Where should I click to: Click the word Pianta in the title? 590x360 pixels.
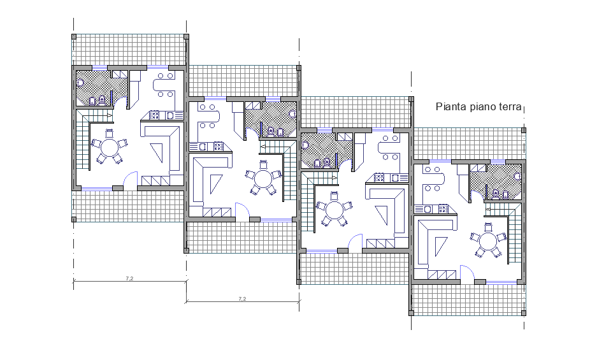450,107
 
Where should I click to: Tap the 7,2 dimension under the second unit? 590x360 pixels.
242,298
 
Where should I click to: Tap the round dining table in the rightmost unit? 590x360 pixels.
487,242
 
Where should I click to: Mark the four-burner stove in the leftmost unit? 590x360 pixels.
155,115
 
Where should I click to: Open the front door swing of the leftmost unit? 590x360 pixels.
131,180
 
